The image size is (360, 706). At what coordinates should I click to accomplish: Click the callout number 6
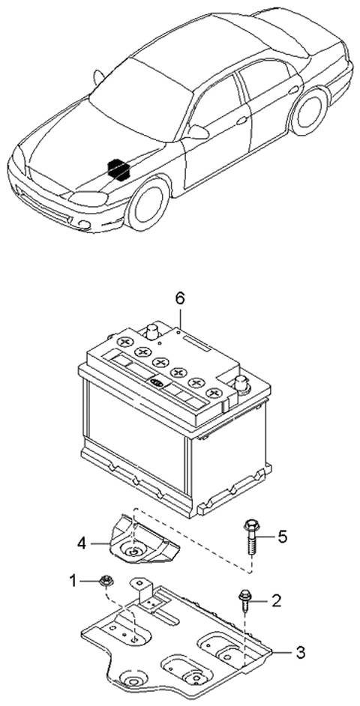point(179,298)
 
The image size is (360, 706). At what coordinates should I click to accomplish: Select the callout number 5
point(282,536)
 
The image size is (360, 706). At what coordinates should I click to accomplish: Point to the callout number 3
point(300,653)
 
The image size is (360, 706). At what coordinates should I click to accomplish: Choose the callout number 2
point(276,600)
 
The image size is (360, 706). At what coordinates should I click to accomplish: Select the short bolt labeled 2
point(245,597)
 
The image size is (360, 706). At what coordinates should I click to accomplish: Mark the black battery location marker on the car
point(115,168)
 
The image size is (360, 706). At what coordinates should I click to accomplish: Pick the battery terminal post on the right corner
point(241,384)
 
